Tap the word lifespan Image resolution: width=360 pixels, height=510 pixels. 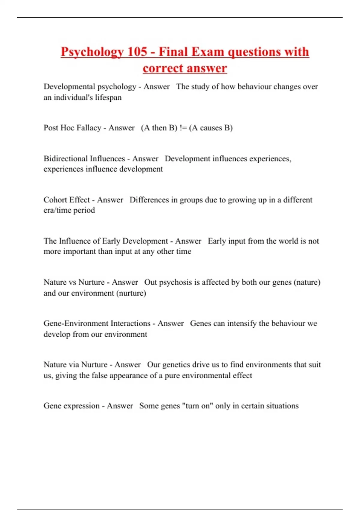coord(108,97)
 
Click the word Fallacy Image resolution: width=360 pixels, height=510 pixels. coord(89,128)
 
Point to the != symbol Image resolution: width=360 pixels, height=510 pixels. coord(183,128)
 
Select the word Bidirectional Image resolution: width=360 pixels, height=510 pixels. coord(65,158)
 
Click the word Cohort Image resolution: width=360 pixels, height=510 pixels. coord(55,200)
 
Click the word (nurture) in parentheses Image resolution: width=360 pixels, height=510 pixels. coord(131,293)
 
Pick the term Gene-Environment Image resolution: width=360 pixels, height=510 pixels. coord(76,323)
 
